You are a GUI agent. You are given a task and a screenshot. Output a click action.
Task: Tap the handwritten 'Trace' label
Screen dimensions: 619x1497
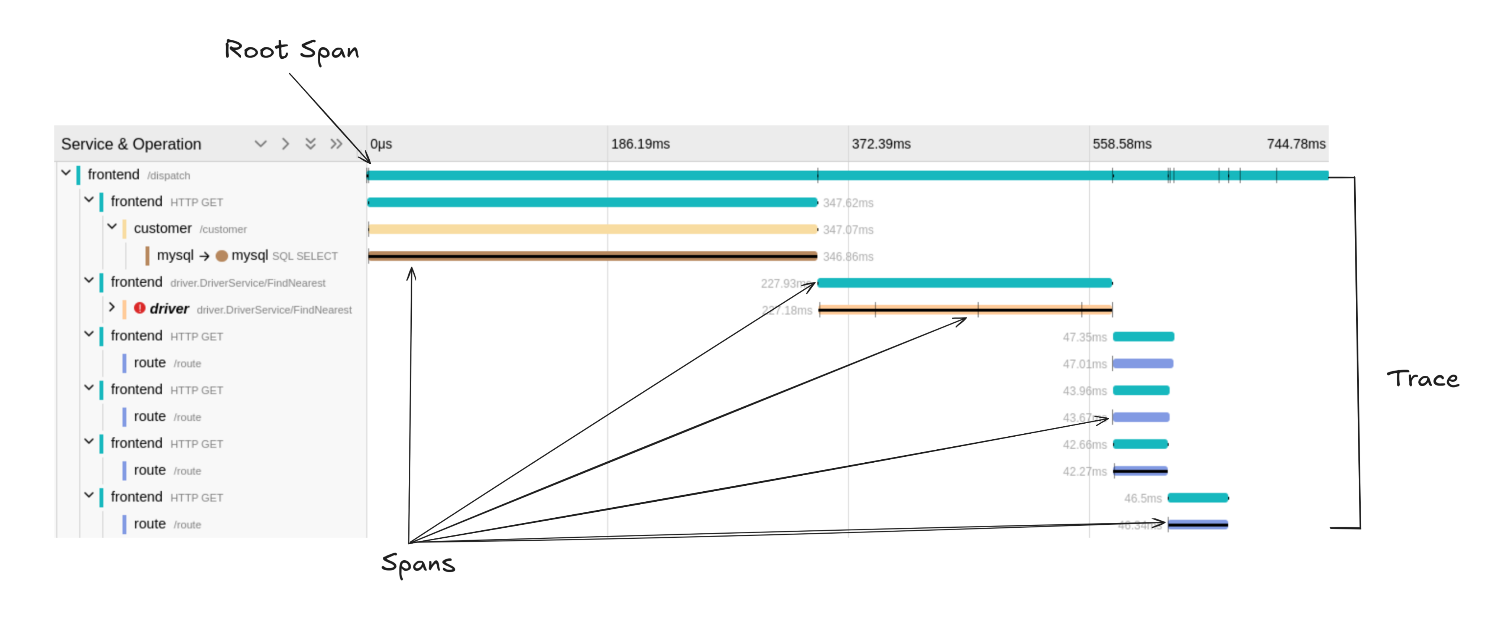click(x=1423, y=379)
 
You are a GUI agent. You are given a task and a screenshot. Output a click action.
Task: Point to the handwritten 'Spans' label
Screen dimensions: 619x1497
click(x=418, y=564)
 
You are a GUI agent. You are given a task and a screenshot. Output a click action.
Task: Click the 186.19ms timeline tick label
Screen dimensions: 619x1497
click(x=640, y=144)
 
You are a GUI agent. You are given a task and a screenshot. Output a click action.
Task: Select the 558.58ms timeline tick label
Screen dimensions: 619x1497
click(x=1122, y=144)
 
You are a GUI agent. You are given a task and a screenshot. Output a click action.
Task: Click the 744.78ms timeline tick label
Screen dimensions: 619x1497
click(x=1296, y=144)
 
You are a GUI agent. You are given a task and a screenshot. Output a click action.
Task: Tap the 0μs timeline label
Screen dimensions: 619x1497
click(x=381, y=144)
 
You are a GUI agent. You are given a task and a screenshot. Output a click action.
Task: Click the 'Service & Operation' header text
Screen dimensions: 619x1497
click(x=131, y=144)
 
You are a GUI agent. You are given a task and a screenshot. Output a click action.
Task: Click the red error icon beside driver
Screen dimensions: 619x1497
click(x=139, y=308)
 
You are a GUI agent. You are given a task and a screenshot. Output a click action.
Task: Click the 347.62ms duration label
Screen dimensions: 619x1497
click(x=848, y=203)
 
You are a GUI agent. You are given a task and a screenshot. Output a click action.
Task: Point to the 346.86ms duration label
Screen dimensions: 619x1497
click(x=848, y=257)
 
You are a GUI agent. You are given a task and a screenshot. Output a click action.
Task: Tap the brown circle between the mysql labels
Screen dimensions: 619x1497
click(x=221, y=256)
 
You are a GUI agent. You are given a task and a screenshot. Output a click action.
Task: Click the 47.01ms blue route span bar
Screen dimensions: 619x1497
click(x=1143, y=364)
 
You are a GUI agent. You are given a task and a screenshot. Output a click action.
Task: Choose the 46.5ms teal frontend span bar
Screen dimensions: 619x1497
click(x=1198, y=498)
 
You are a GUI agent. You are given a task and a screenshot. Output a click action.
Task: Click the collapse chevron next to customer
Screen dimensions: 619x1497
click(x=112, y=227)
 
